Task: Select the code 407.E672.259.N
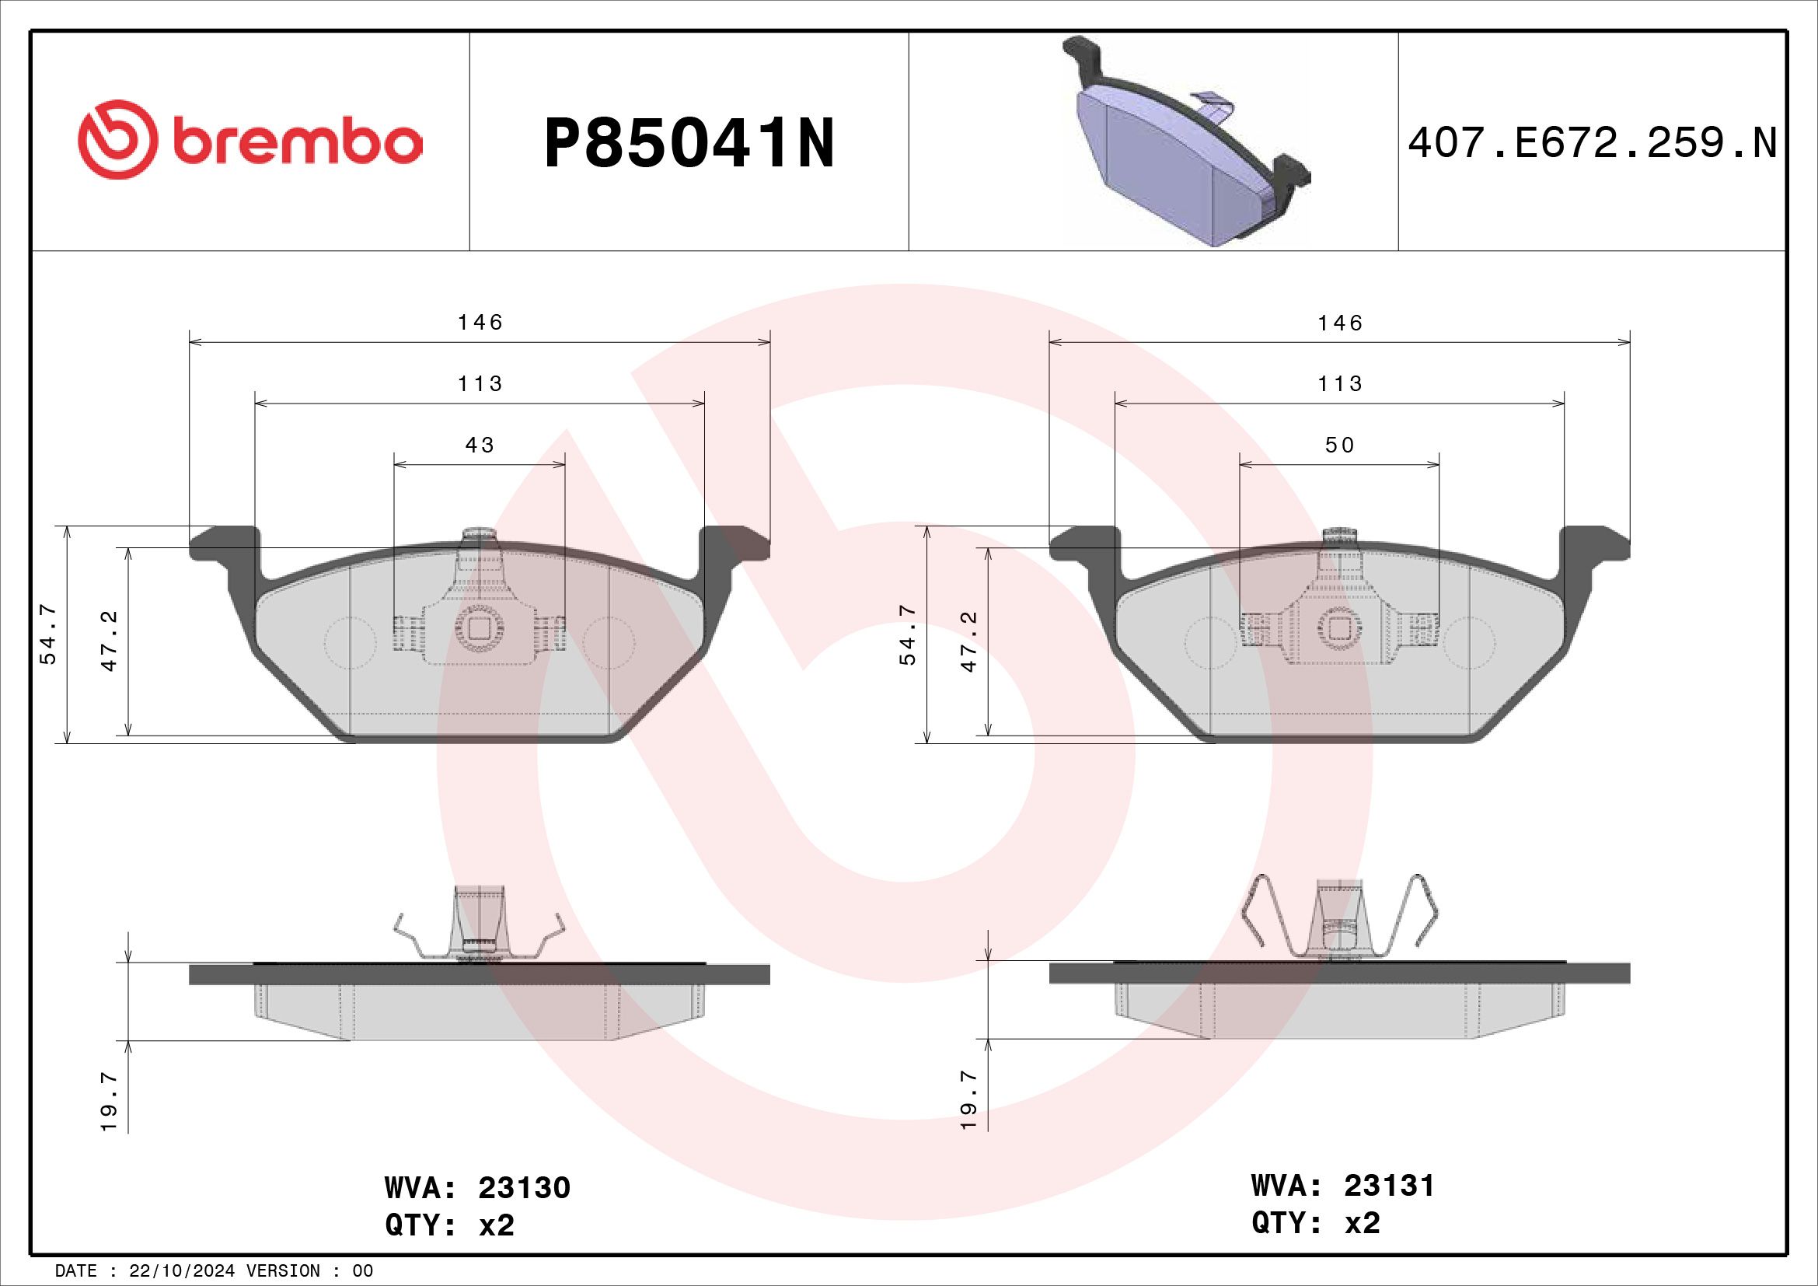point(1593,144)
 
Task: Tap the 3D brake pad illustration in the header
point(1185,142)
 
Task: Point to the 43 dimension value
point(480,445)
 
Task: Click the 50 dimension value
point(1340,445)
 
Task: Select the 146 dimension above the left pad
point(480,323)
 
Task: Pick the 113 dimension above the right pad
point(1340,384)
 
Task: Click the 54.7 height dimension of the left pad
point(48,634)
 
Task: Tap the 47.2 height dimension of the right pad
point(968,641)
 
